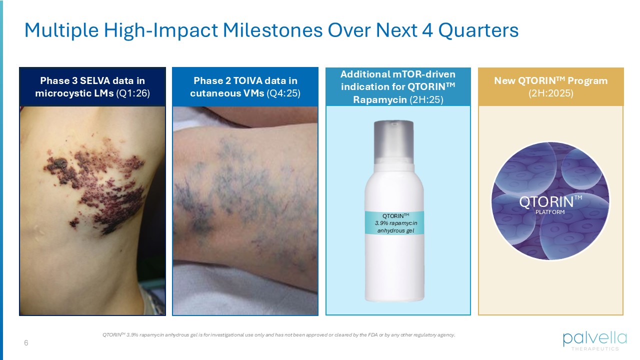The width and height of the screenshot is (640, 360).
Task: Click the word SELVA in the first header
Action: [x=95, y=80]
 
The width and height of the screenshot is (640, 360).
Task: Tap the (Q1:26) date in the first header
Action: [x=132, y=92]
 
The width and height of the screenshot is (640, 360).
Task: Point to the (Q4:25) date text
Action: [x=283, y=92]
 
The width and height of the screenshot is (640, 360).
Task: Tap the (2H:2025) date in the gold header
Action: [x=550, y=92]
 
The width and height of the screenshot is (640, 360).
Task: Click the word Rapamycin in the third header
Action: [x=380, y=99]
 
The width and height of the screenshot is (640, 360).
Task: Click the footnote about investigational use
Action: [x=278, y=335]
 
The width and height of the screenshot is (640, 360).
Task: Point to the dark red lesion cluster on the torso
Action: [x=100, y=175]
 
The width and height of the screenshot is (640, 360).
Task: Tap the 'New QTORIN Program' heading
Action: [x=550, y=80]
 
